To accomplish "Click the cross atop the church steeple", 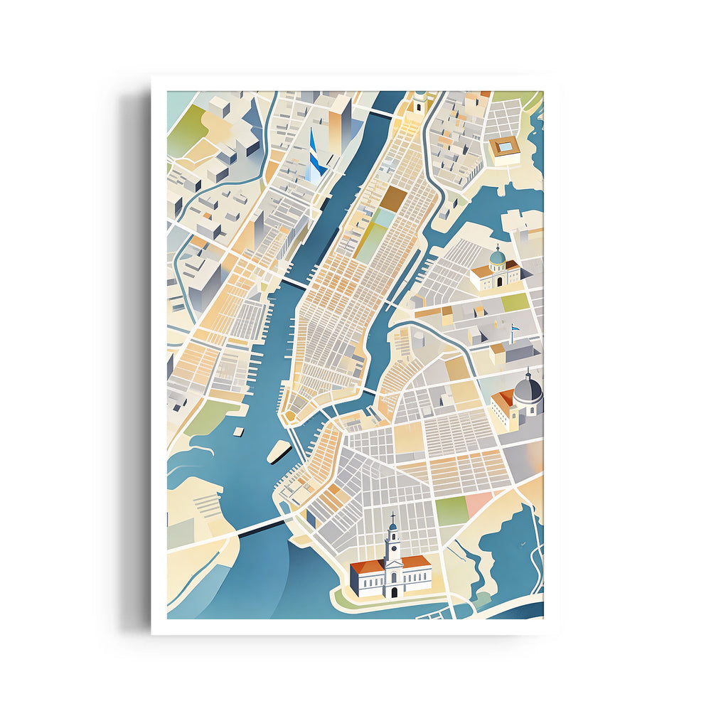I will tap(392, 516).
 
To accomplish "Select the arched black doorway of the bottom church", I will tap(393, 592).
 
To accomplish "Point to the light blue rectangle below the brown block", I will tap(384, 218).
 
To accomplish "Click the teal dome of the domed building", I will tap(498, 256).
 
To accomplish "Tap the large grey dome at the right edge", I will tap(528, 390).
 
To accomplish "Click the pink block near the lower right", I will tap(478, 504).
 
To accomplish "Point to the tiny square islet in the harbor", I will tap(239, 432).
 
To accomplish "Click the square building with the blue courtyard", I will tap(506, 147).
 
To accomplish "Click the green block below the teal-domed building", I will tap(515, 301).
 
